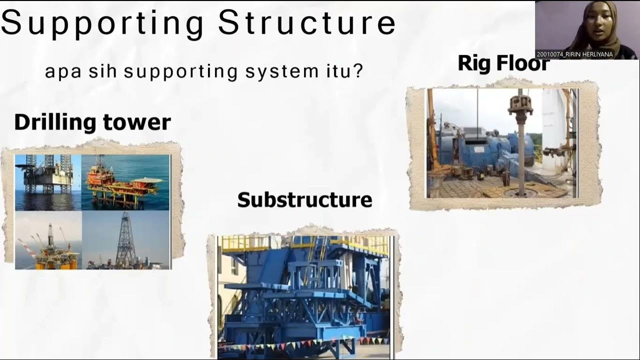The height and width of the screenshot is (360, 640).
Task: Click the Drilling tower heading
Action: pyautogui.click(x=92, y=122)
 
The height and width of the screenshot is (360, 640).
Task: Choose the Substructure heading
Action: pyautogui.click(x=304, y=200)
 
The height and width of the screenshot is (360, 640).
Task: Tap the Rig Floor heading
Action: pyautogui.click(x=503, y=63)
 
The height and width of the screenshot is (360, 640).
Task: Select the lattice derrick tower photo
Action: pyautogui.click(x=126, y=240)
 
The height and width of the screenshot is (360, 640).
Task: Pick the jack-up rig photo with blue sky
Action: pyautogui.click(x=48, y=182)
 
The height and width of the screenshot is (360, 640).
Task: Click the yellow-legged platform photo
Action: pyautogui.click(x=48, y=240)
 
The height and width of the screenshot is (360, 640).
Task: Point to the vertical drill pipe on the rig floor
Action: pyautogui.click(x=520, y=150)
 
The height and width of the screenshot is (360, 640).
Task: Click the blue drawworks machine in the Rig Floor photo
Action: pyautogui.click(x=480, y=150)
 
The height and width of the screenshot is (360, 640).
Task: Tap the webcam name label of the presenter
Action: pyautogui.click(x=574, y=54)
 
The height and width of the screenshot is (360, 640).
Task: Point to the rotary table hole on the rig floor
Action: pyautogui.click(x=521, y=192)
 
